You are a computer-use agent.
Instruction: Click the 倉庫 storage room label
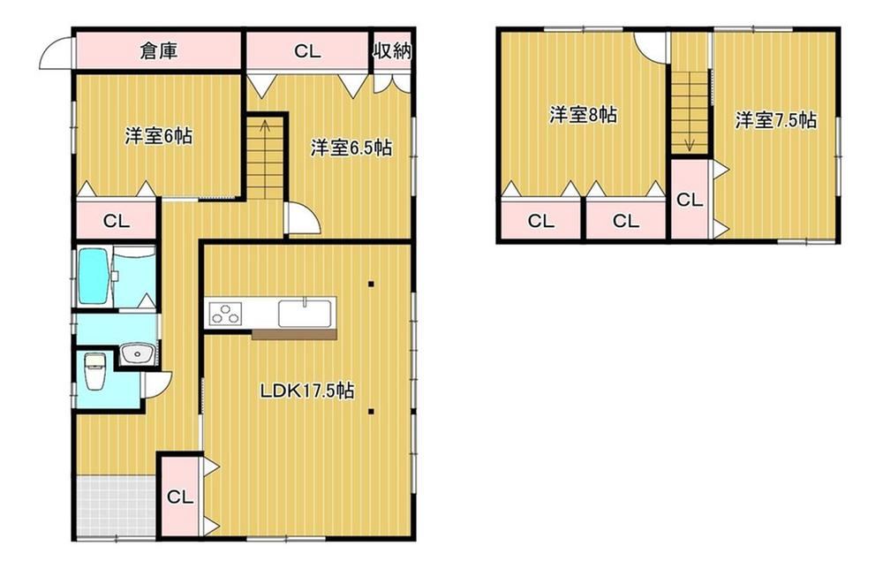(x=159, y=51)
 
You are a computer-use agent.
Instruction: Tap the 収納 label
(x=392, y=51)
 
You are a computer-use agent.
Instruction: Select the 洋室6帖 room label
(x=158, y=136)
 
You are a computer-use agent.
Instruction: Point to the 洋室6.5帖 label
(x=351, y=148)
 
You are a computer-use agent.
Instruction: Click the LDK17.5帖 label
(x=307, y=391)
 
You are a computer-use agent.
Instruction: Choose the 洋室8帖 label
(x=584, y=115)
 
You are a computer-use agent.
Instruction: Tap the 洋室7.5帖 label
(x=775, y=120)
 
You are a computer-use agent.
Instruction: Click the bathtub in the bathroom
(x=95, y=277)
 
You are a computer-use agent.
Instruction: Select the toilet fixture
(x=94, y=371)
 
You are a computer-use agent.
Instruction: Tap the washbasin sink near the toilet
(x=136, y=354)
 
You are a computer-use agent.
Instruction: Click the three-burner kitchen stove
(x=226, y=314)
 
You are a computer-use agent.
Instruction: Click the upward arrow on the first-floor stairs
(x=263, y=133)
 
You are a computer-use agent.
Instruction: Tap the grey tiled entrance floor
(x=117, y=506)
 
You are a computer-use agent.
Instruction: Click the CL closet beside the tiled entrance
(x=180, y=497)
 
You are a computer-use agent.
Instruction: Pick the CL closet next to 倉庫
(x=307, y=51)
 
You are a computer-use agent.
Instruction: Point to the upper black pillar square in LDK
(x=371, y=284)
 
